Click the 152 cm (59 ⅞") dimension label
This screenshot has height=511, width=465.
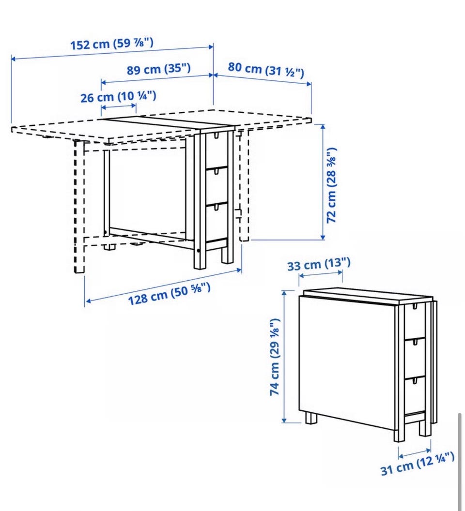(x=112, y=44)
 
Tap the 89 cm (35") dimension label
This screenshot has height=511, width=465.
(x=158, y=69)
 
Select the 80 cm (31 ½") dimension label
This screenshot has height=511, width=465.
(x=266, y=70)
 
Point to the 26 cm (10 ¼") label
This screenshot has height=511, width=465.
(x=118, y=96)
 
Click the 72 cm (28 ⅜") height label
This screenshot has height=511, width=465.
(x=331, y=185)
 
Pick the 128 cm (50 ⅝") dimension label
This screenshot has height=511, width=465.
(x=169, y=294)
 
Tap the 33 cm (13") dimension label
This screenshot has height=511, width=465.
(x=319, y=264)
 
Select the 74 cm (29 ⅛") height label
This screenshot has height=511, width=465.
(x=275, y=357)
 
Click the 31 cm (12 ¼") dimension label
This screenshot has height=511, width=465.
(x=418, y=464)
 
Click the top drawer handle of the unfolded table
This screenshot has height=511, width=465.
(x=216, y=135)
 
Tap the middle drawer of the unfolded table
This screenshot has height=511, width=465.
(x=217, y=185)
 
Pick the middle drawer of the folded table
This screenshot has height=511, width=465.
(x=415, y=357)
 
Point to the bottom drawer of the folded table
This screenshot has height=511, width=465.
(x=415, y=395)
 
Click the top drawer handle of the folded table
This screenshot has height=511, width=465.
(x=415, y=306)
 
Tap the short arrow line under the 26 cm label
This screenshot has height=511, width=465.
(x=119, y=106)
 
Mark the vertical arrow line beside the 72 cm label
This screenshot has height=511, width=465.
(x=323, y=182)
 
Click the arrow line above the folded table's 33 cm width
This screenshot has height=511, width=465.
(x=321, y=274)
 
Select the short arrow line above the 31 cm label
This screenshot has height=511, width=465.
(x=415, y=453)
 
